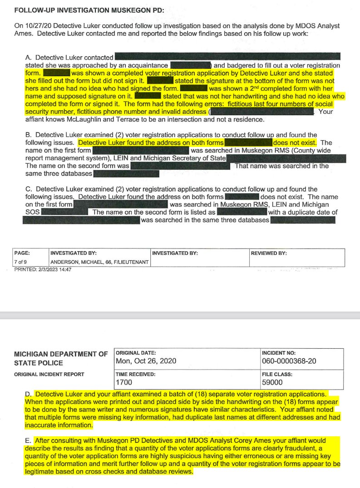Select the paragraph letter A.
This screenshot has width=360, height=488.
pyautogui.click(x=29, y=58)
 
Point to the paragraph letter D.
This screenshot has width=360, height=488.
pyautogui.click(x=29, y=395)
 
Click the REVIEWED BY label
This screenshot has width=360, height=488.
pyautogui.click(x=269, y=253)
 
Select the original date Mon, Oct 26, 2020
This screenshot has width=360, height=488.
pyautogui.click(x=146, y=361)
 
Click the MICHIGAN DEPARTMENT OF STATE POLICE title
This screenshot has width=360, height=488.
pyautogui.click(x=61, y=358)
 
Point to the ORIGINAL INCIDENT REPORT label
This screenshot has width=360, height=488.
pyautogui.click(x=49, y=375)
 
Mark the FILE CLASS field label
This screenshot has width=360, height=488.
pyautogui.click(x=277, y=375)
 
